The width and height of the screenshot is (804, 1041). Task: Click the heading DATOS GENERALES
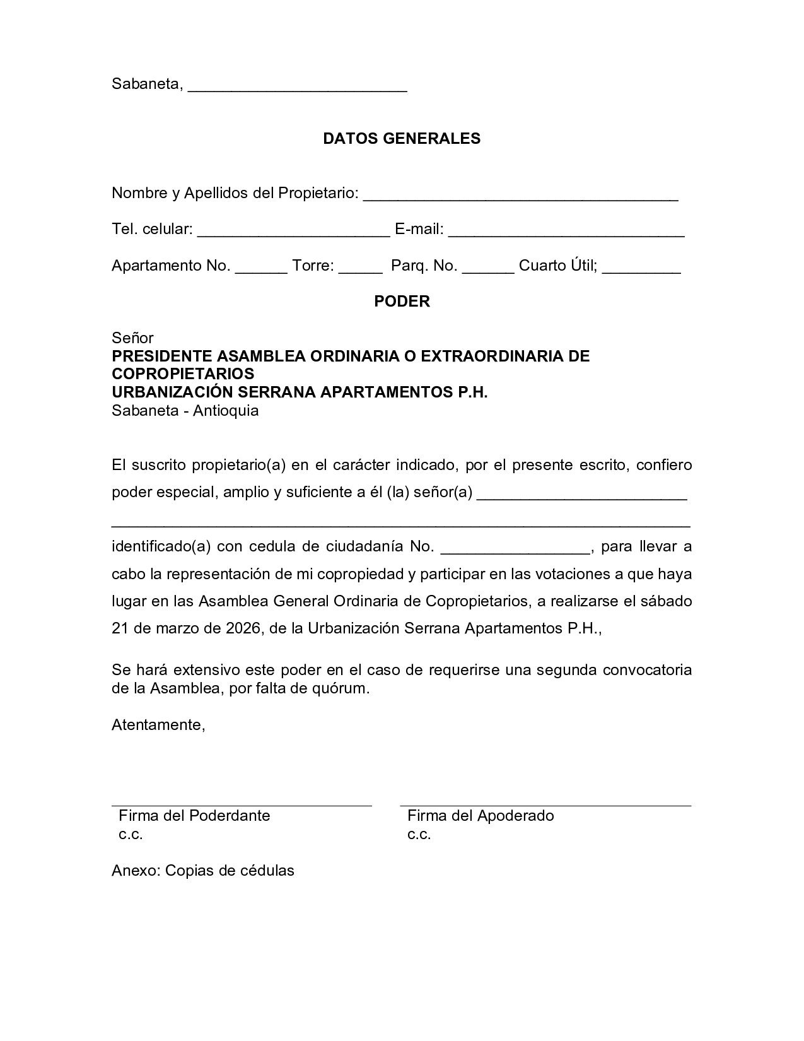(x=402, y=139)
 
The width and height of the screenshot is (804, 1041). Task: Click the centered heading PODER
(x=402, y=302)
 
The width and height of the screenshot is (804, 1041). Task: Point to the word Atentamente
(x=158, y=725)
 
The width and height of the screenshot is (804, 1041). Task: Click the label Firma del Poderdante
(x=194, y=816)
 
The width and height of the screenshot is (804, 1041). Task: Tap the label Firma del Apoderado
(x=481, y=816)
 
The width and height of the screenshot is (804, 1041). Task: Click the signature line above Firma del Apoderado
(x=545, y=806)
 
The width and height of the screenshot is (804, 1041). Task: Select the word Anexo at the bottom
(x=136, y=871)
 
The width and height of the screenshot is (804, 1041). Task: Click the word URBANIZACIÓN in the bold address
(x=166, y=392)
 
